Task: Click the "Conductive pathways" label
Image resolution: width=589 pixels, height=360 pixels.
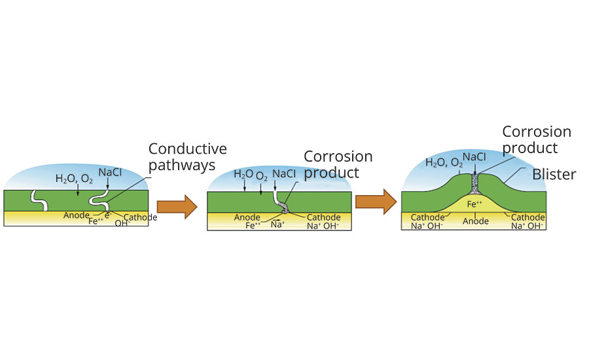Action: [187, 157]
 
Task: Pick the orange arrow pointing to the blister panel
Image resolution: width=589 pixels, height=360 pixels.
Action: [376, 200]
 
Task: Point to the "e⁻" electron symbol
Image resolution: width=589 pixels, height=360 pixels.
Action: [107, 214]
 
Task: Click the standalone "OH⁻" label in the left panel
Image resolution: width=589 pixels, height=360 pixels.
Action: [122, 223]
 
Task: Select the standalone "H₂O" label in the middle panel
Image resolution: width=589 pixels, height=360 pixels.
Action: [243, 175]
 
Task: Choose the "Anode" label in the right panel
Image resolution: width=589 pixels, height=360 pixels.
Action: [476, 221]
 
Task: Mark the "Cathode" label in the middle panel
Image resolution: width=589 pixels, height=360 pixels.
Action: [324, 217]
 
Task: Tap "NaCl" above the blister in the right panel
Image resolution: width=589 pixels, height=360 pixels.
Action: [474, 158]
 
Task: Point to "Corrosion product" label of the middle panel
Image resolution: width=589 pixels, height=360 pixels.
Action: [338, 164]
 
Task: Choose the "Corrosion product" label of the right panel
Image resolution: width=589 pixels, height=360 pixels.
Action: [536, 139]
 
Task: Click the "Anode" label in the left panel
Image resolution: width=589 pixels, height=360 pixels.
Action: [77, 215]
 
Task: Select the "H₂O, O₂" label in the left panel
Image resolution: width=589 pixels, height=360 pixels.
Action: [74, 179]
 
